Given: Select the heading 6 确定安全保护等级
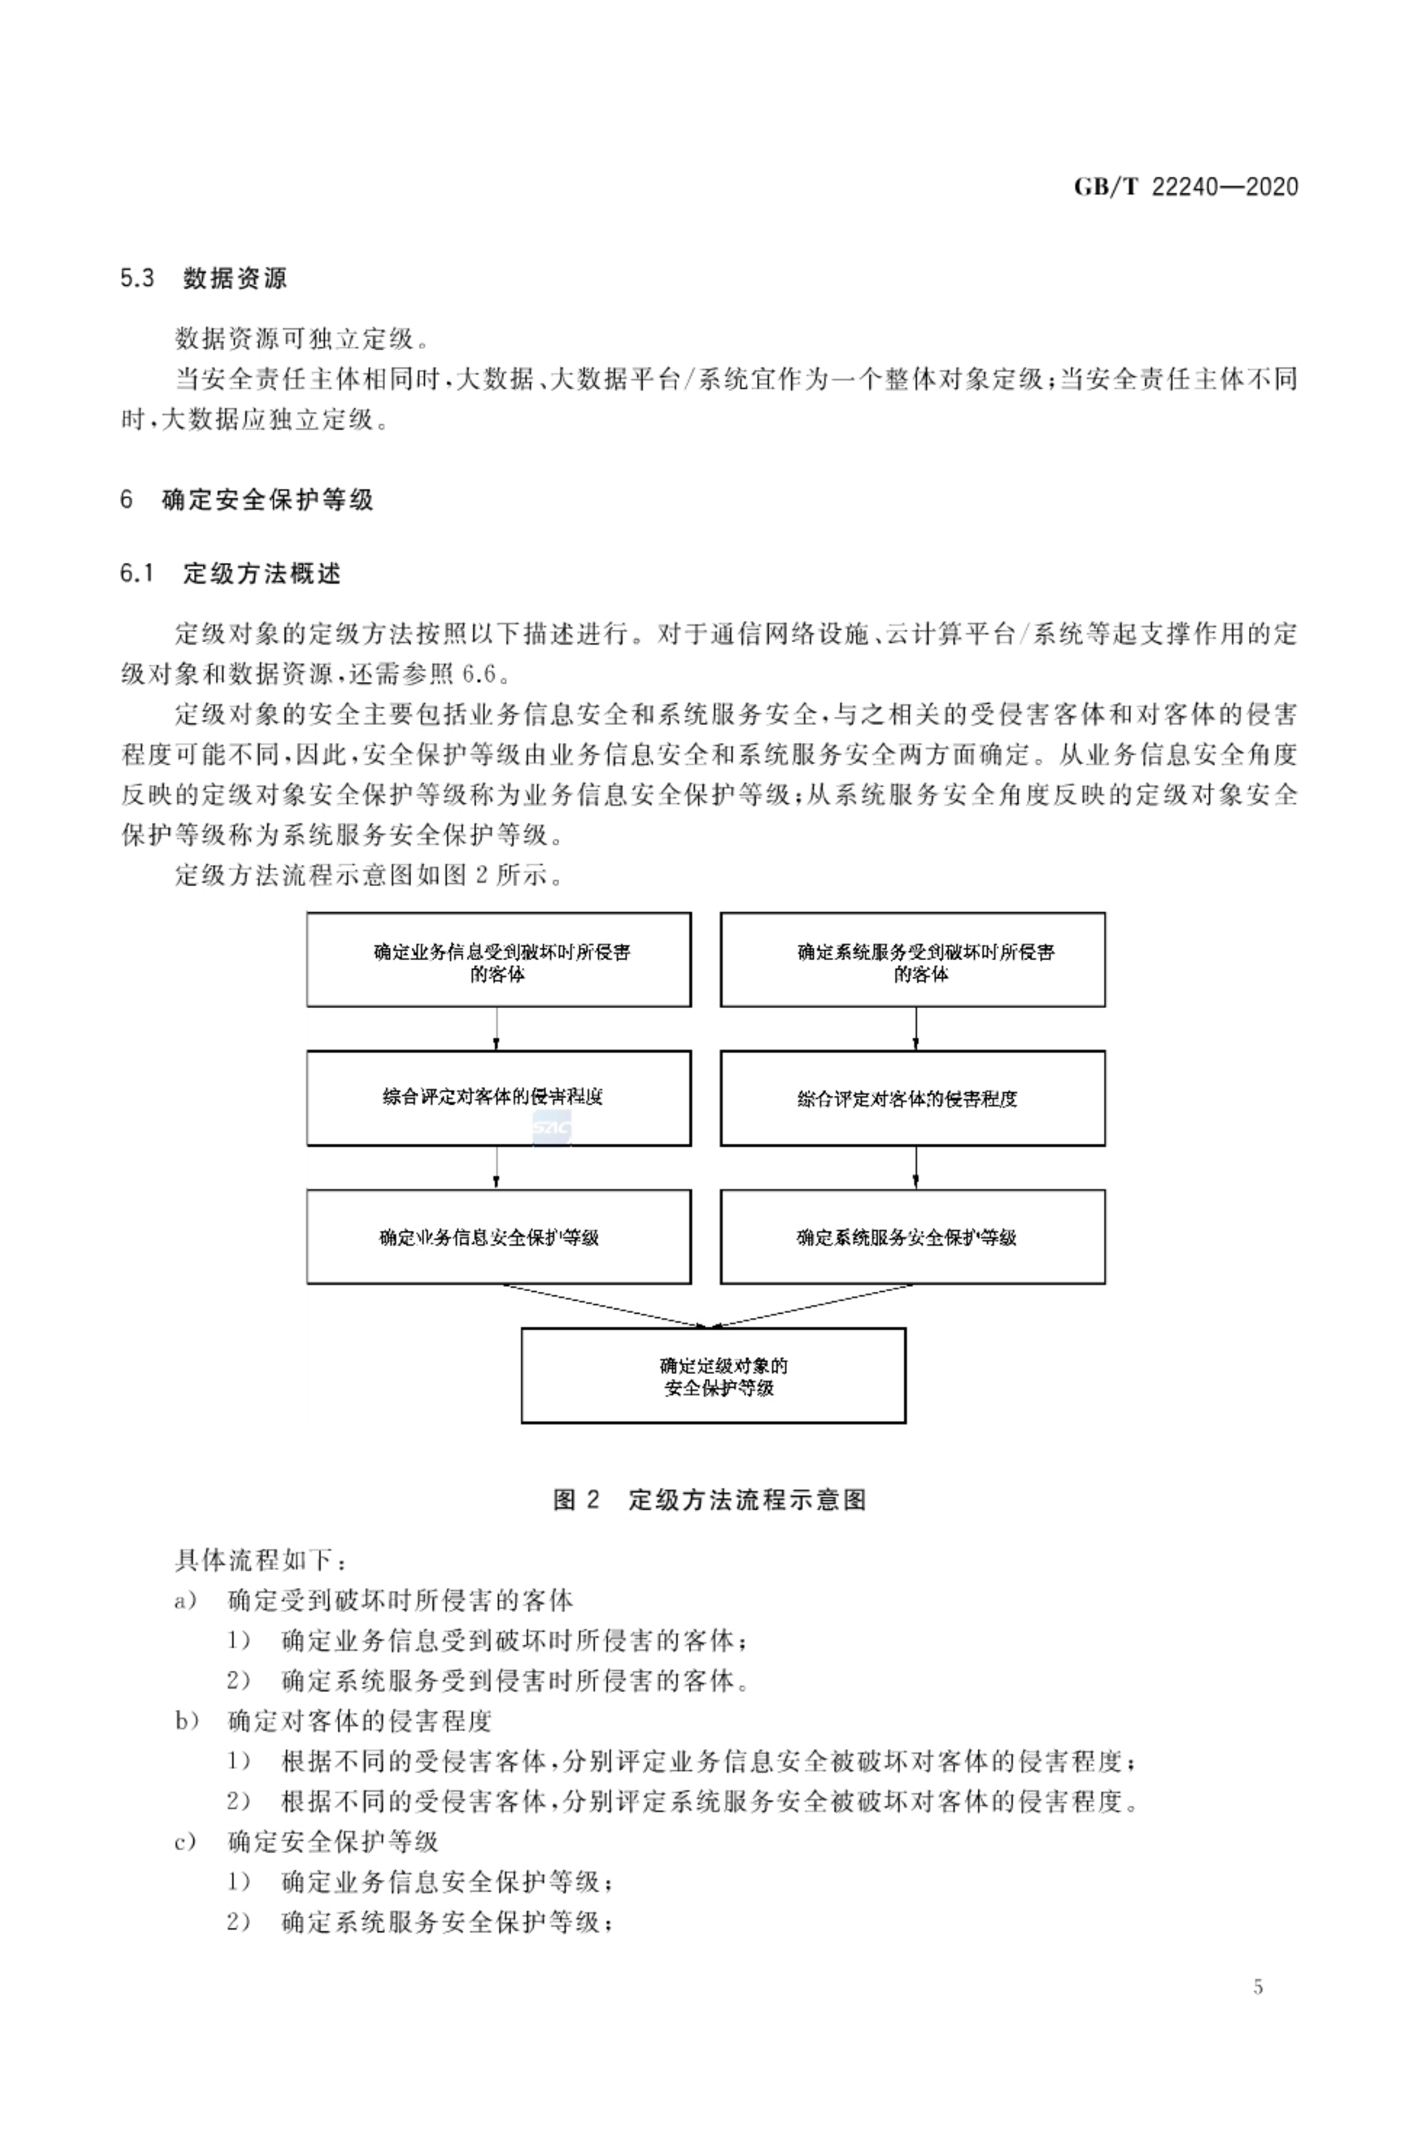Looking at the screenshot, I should click(x=246, y=499).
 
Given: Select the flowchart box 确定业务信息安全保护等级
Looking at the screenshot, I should click(x=498, y=1236).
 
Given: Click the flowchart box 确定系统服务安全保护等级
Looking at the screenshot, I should click(x=912, y=1236).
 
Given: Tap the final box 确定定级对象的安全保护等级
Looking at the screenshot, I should click(x=713, y=1375).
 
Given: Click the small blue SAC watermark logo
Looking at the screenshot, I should click(x=550, y=1128).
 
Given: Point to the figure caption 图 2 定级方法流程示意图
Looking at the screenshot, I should click(x=709, y=1499).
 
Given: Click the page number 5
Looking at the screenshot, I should click(x=1258, y=1986).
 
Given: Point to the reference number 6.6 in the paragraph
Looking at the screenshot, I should click(x=479, y=675).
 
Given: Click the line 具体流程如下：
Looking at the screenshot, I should click(x=260, y=1560).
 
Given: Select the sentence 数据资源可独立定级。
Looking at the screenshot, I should click(x=295, y=339).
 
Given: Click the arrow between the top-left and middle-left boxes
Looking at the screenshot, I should click(x=496, y=1028).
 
